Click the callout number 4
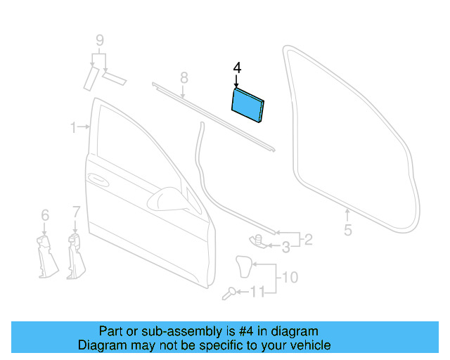237,68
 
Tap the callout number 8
183,77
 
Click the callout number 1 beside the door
72,127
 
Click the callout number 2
307,240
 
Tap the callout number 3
285,247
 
